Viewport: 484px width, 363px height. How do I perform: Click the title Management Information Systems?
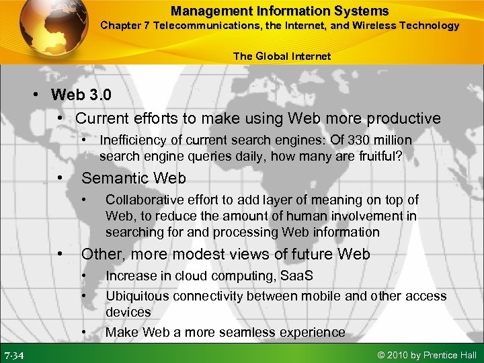coord(279,11)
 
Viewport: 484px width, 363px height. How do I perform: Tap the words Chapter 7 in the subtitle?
coord(125,26)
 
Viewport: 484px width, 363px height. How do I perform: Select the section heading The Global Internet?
coord(282,56)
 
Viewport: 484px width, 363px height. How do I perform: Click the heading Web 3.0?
coord(80,94)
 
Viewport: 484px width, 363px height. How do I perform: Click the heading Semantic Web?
coord(133,178)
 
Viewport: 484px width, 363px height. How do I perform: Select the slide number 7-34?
coord(15,355)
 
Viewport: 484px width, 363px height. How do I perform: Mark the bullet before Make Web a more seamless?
coord(84,332)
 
